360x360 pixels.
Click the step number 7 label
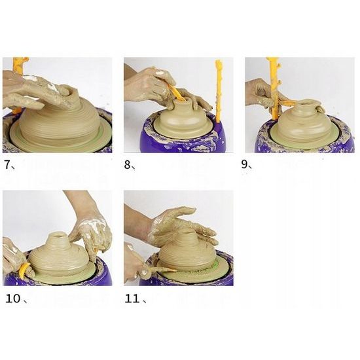[9, 165]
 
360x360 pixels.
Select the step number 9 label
[247, 165]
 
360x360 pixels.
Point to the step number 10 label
[14, 300]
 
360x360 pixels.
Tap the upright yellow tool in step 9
[273, 85]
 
